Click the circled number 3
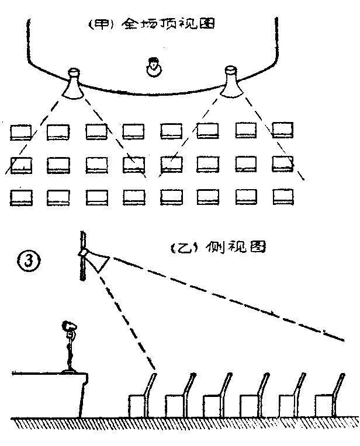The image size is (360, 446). (x=29, y=259)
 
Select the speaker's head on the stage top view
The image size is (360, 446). (x=153, y=68)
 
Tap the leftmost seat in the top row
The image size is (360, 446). (x=22, y=131)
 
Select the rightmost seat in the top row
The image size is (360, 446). (x=282, y=130)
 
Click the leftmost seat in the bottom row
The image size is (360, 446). (x=22, y=197)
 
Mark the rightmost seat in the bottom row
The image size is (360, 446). (x=283, y=196)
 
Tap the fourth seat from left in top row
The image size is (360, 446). (x=133, y=131)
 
